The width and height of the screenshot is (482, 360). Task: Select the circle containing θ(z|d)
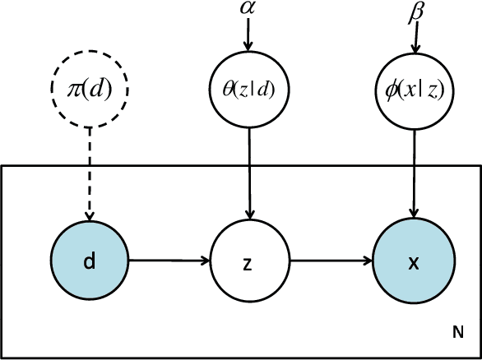point(248,89)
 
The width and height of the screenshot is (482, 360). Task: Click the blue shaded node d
point(90,263)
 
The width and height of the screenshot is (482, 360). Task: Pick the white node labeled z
point(248,263)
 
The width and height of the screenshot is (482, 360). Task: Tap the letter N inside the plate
point(457,332)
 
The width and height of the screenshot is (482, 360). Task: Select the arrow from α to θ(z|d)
point(248,36)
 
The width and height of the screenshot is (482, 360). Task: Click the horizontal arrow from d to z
point(169,263)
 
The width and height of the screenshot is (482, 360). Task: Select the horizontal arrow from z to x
point(331,263)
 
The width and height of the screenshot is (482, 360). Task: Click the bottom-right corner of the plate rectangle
point(480,358)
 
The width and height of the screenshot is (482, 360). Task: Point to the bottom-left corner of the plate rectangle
point(2,358)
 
